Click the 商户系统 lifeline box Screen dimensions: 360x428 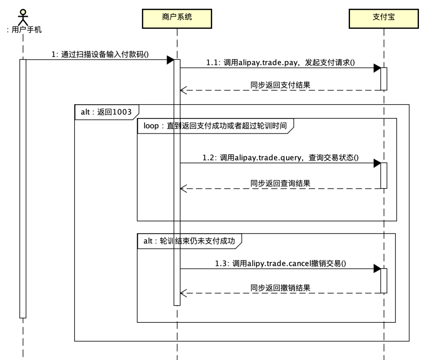pos(177,19)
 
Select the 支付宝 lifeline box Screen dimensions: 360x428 pos(384,19)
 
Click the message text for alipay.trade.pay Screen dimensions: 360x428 pos(280,63)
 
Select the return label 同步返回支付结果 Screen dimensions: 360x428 pos(280,85)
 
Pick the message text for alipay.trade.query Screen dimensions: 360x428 pos(280,157)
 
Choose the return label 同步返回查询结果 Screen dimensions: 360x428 pos(280,183)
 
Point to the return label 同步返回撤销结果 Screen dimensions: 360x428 pos(280,288)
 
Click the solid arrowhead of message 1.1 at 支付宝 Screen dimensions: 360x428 pos(377,68)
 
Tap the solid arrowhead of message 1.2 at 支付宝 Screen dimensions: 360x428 pos(377,163)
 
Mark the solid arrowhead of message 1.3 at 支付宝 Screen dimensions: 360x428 pos(377,269)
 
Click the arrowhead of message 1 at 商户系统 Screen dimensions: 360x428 pos(170,60)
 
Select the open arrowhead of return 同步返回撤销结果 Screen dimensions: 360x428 pos(183,293)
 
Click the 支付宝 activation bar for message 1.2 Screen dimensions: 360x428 pos(384,175)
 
